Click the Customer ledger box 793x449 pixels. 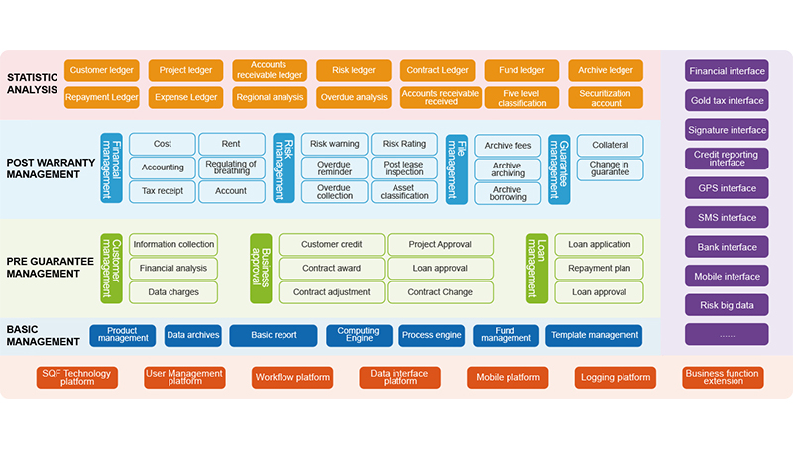pyautogui.click(x=101, y=70)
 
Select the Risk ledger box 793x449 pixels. pyautogui.click(x=353, y=70)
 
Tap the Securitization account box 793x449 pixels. pyautogui.click(x=606, y=97)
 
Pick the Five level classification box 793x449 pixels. pyautogui.click(x=522, y=97)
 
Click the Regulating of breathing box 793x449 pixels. pyautogui.click(x=231, y=168)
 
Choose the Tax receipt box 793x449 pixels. pyautogui.click(x=163, y=191)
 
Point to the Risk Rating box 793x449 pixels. pyautogui.click(x=403, y=144)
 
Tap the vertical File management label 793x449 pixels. pyautogui.click(x=456, y=168)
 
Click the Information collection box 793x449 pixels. pyautogui.click(x=173, y=244)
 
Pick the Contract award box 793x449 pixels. pyautogui.click(x=331, y=268)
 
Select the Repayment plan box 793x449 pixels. pyautogui.click(x=599, y=268)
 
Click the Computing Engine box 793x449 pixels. pyautogui.click(x=359, y=335)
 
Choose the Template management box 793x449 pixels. pyautogui.click(x=594, y=335)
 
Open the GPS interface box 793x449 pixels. pyautogui.click(x=727, y=188)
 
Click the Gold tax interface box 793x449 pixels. pyautogui.click(x=727, y=100)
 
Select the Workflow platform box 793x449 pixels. pyautogui.click(x=292, y=378)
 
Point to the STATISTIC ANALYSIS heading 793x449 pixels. pyautogui.click(x=35, y=84)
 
